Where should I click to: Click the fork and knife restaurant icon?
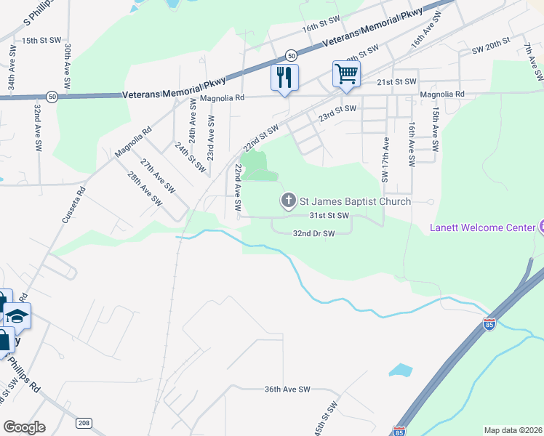pyautogui.click(x=284, y=76)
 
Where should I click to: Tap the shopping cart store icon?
pyautogui.click(x=346, y=73)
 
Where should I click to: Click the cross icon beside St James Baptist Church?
pyautogui.click(x=288, y=201)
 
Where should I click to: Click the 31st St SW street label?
pyautogui.click(x=329, y=216)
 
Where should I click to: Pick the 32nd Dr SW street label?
pyautogui.click(x=313, y=234)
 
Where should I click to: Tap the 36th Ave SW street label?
pyautogui.click(x=287, y=389)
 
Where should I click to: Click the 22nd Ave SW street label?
pyautogui.click(x=238, y=187)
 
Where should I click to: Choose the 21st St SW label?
pyautogui.click(x=396, y=81)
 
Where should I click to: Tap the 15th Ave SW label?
pyautogui.click(x=435, y=129)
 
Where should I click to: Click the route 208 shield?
pyautogui.click(x=84, y=423)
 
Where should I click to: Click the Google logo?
pyautogui.click(x=24, y=427)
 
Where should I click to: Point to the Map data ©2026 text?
pyautogui.click(x=513, y=430)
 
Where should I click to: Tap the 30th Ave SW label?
pyautogui.click(x=66, y=66)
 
